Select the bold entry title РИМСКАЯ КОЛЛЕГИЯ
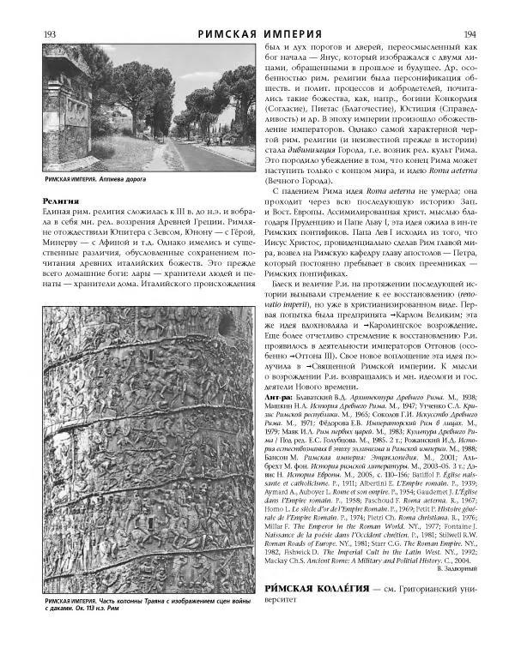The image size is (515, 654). click(318, 614)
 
